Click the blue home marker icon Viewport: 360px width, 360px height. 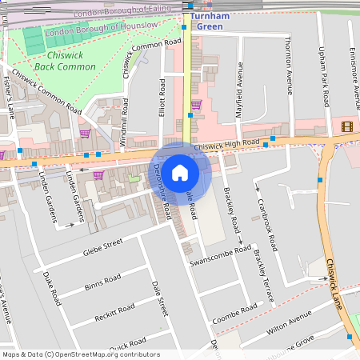pyautogui.click(x=180, y=172)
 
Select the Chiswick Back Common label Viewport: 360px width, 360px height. pyautogui.click(x=65, y=62)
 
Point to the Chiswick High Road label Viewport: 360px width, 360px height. pyautogui.click(x=227, y=144)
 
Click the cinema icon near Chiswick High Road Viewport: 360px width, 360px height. pyautogui.click(x=346, y=126)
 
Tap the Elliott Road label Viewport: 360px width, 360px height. pyautogui.click(x=162, y=98)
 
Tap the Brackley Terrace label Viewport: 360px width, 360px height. pyautogui.click(x=265, y=276)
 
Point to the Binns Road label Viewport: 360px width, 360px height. pyautogui.click(x=102, y=283)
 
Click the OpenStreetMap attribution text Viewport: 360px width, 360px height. pyautogui.click(x=80, y=354)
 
